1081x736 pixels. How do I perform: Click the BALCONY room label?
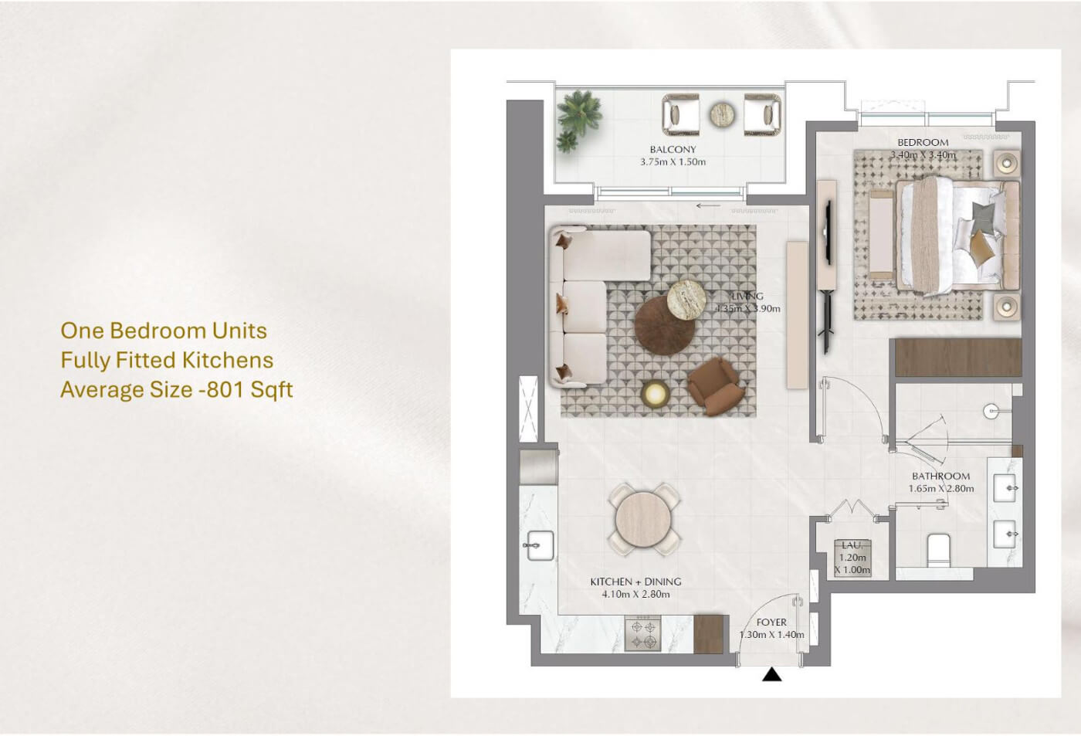pyautogui.click(x=673, y=149)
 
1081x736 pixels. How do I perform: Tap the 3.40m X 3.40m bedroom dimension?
pyautogui.click(x=923, y=155)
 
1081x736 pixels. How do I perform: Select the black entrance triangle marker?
pyautogui.click(x=771, y=674)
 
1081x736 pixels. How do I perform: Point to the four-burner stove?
pyautogui.click(x=642, y=634)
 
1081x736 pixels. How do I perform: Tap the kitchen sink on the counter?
pyautogui.click(x=540, y=545)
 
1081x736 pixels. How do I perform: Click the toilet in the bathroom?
pyautogui.click(x=938, y=550)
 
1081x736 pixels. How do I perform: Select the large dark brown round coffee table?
pyautogui.click(x=664, y=326)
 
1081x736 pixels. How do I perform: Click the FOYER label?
pyautogui.click(x=771, y=622)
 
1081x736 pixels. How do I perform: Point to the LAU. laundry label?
pyautogui.click(x=852, y=545)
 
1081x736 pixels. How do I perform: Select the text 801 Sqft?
pyautogui.click(x=249, y=389)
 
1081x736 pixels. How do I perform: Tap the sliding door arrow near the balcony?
pyautogui.click(x=708, y=206)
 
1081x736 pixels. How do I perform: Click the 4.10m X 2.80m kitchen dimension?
pyautogui.click(x=635, y=594)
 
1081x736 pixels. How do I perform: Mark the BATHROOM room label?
pyautogui.click(x=940, y=476)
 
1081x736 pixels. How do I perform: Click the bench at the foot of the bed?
pyautogui.click(x=881, y=235)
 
